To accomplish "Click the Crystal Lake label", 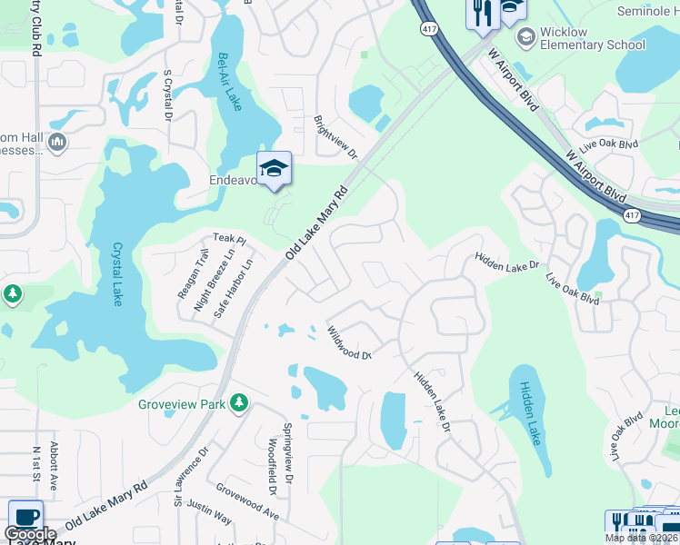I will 117,273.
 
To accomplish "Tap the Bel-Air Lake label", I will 229,82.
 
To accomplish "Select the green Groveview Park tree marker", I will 239,402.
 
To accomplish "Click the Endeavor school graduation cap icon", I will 274,168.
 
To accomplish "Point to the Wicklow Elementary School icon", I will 525,37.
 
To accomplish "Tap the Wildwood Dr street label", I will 350,344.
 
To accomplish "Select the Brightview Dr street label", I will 335,136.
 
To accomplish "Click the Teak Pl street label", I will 230,239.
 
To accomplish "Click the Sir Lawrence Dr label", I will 191,474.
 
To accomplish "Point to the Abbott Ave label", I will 55,466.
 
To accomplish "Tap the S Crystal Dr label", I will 167,94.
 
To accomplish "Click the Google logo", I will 30,534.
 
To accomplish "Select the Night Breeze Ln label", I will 208,281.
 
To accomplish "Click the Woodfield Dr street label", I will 272,466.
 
